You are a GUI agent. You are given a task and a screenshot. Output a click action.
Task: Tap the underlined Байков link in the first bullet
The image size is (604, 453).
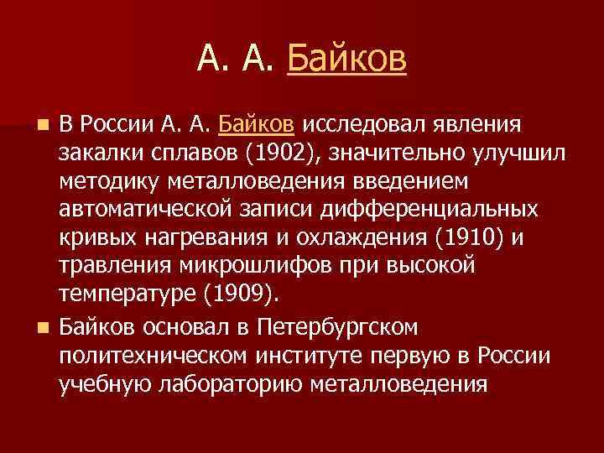256,125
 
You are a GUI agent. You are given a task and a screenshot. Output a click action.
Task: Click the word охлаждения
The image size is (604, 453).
371,238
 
